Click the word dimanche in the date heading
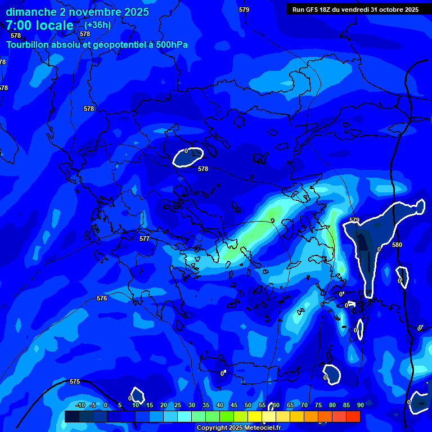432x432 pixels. coord(30,12)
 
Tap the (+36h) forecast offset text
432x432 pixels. coord(97,25)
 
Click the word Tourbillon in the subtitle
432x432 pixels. coord(31,44)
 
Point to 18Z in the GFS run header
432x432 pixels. coord(326,10)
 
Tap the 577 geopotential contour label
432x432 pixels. coord(145,239)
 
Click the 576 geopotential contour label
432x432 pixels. coord(102,298)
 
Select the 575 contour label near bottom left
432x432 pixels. coord(75,381)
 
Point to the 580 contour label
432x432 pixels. coord(397,245)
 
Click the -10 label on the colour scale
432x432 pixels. coord(80,405)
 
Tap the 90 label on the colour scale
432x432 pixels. coord(360,405)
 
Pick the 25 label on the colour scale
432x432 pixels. coord(177,405)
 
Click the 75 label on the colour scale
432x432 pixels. coord(318,405)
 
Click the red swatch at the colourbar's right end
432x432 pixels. coord(353,416)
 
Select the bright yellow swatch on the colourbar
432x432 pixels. coord(255,416)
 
